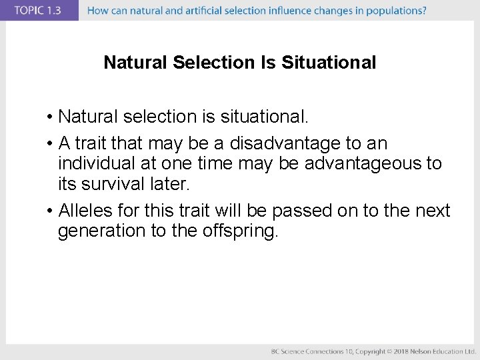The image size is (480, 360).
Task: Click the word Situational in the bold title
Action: (329, 63)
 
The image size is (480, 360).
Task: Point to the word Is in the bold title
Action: (267, 63)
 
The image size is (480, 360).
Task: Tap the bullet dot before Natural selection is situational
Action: (50, 118)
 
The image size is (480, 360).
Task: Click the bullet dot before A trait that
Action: (50, 144)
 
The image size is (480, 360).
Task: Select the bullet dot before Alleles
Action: (50, 211)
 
